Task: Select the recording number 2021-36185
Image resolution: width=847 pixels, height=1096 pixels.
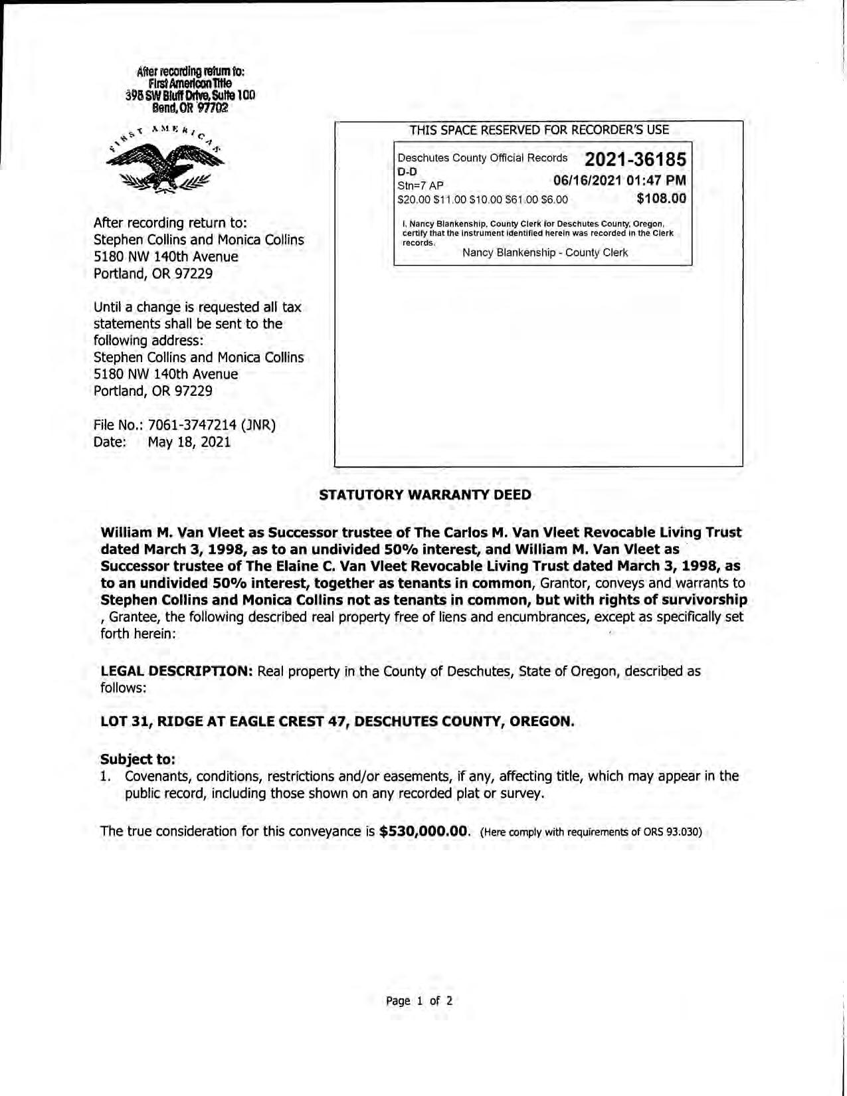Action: pyautogui.click(x=635, y=159)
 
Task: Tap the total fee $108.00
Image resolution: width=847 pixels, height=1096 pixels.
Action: pyautogui.click(x=661, y=198)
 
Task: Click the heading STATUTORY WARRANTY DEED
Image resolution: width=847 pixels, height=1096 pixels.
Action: pyautogui.click(x=425, y=495)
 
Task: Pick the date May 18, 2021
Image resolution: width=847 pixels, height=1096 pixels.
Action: pyautogui.click(x=189, y=442)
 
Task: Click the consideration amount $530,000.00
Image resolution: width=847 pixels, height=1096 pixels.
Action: pyautogui.click(x=424, y=832)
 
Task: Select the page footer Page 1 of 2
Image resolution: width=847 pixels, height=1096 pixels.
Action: pyautogui.click(x=419, y=1001)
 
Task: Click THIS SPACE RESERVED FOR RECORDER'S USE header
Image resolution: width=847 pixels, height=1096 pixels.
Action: pyautogui.click(x=539, y=130)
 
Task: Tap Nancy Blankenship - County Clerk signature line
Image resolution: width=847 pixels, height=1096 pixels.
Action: pyautogui.click(x=545, y=253)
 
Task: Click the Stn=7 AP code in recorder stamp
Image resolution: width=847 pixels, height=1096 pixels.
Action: pyautogui.click(x=421, y=185)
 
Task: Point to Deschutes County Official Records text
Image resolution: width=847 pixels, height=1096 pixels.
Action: pyautogui.click(x=482, y=158)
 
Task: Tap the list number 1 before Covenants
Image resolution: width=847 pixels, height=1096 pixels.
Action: pyautogui.click(x=104, y=776)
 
